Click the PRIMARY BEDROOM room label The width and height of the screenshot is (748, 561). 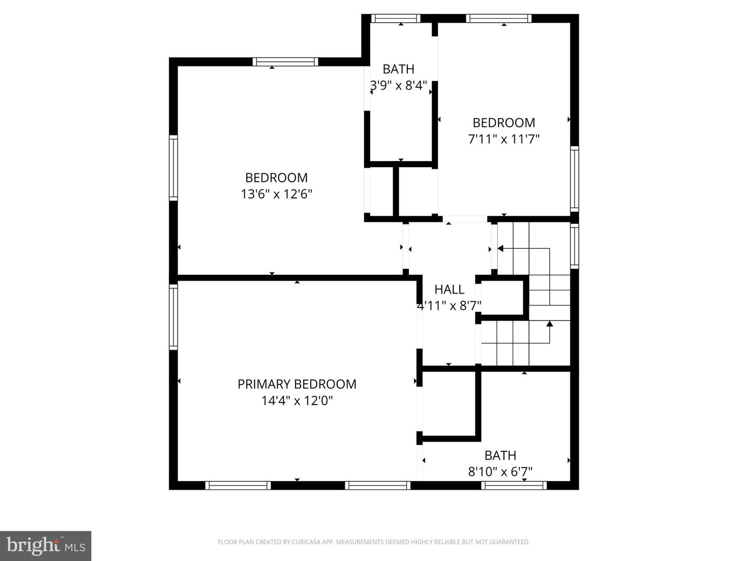[x=297, y=384]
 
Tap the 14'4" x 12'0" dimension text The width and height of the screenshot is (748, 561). [x=297, y=401]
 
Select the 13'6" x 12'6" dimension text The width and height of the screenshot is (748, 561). [x=276, y=194]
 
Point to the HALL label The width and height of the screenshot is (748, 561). [x=449, y=289]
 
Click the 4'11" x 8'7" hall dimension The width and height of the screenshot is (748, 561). [x=449, y=305]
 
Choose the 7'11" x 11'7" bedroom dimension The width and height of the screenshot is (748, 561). [x=504, y=139]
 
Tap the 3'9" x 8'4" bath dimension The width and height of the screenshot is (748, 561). [x=398, y=85]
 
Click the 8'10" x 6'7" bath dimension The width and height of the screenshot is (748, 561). [x=500, y=472]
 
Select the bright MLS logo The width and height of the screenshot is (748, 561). [x=46, y=546]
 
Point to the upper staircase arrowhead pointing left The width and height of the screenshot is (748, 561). [x=500, y=249]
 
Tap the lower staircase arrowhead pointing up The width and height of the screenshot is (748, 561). [x=550, y=324]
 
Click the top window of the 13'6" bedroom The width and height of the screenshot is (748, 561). [x=285, y=62]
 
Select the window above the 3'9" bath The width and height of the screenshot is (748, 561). [x=396, y=19]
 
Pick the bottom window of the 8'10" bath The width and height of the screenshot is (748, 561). [x=514, y=486]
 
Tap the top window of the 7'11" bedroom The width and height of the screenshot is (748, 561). [x=499, y=19]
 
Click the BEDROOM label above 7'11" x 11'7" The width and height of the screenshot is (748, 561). [x=504, y=123]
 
